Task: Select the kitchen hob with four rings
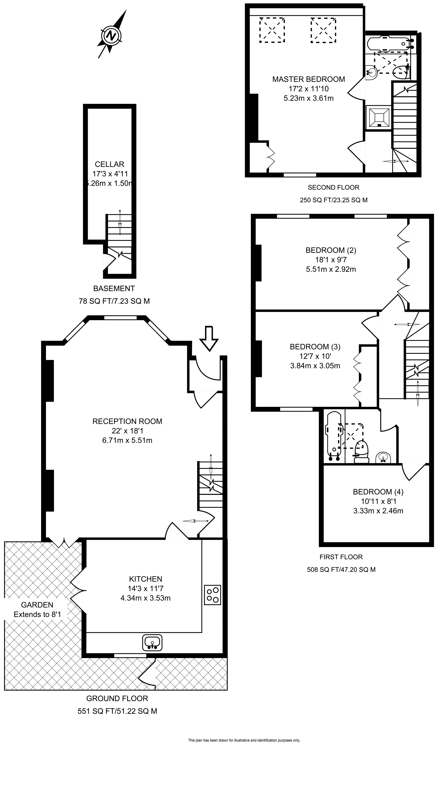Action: click(x=212, y=595)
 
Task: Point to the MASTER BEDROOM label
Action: click(x=309, y=79)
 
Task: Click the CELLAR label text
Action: click(x=110, y=164)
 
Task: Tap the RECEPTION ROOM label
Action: click(x=127, y=421)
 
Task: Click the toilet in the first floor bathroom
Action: click(x=361, y=451)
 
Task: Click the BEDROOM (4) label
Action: click(x=378, y=492)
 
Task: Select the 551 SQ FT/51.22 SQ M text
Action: click(x=117, y=711)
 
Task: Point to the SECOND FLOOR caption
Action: click(x=333, y=187)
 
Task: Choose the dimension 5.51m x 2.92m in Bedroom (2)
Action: click(x=331, y=269)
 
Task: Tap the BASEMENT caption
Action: click(x=114, y=289)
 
